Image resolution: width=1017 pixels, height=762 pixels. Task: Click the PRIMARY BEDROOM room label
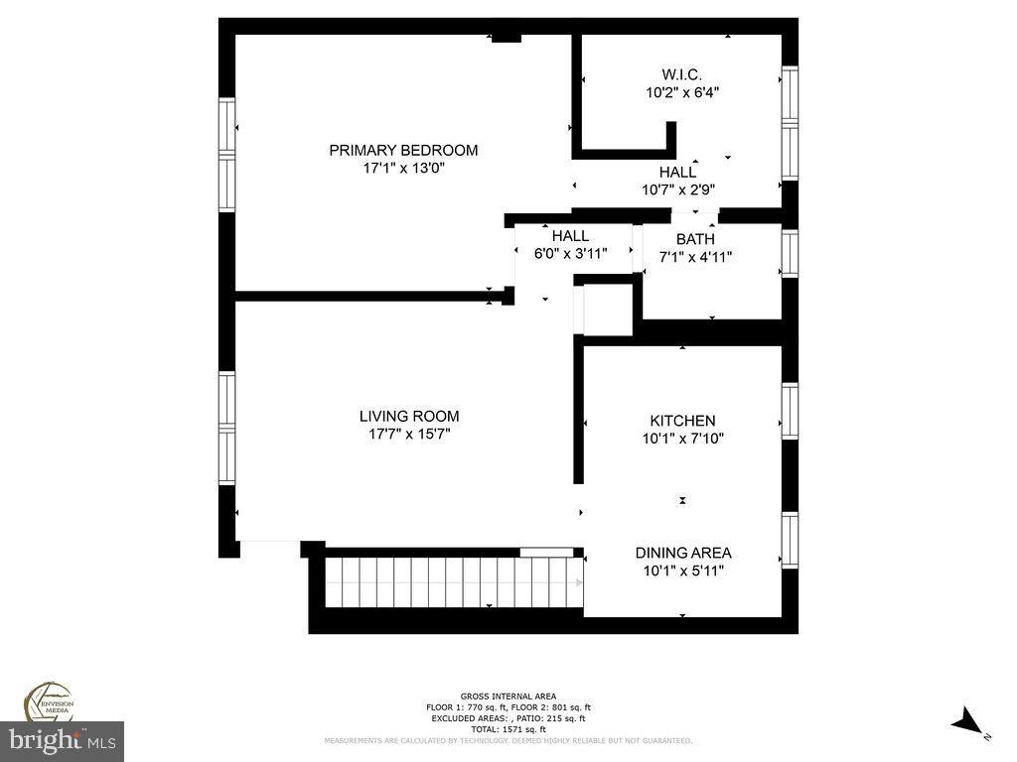(403, 150)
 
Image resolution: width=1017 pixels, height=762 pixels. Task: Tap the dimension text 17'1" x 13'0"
(403, 169)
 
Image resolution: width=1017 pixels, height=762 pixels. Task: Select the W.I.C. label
(682, 74)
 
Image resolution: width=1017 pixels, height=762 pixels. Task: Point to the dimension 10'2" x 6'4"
(682, 92)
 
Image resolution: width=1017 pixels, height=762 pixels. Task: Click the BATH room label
(695, 239)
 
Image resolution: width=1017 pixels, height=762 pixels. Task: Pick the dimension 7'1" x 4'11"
(695, 257)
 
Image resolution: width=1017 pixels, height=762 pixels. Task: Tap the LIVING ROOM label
(409, 416)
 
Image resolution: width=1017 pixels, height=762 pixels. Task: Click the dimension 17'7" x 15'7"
(409, 434)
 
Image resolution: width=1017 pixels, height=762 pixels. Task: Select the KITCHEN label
(682, 421)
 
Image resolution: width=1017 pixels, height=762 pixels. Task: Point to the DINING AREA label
(683, 553)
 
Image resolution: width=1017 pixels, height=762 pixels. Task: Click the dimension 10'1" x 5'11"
(683, 571)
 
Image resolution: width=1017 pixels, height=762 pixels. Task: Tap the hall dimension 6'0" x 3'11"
(571, 253)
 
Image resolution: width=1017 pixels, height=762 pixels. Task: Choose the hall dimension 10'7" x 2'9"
(679, 189)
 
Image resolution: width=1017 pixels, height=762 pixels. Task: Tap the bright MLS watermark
(62, 739)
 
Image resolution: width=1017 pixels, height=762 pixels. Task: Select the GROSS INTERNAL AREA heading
(508, 696)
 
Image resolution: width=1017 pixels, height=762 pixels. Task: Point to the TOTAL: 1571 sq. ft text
(508, 729)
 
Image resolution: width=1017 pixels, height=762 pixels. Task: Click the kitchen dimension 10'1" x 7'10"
(682, 439)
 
